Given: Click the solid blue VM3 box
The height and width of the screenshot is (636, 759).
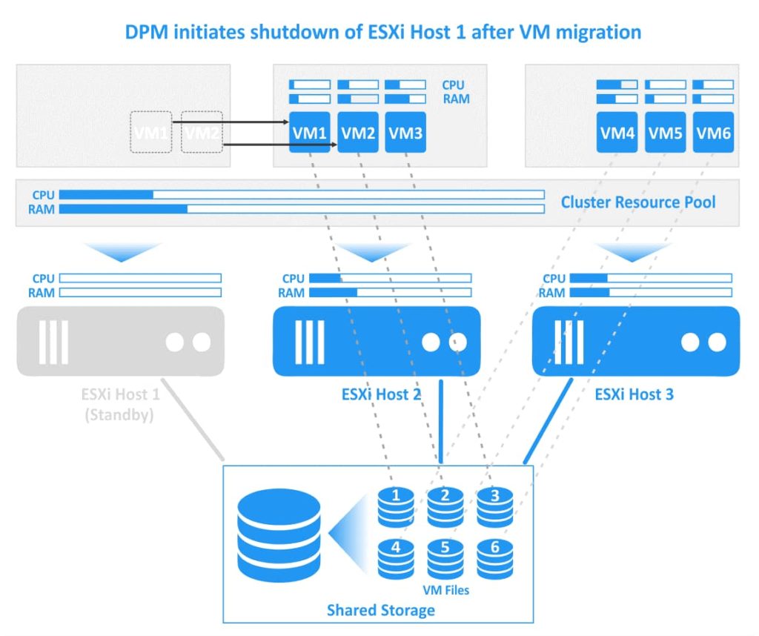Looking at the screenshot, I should (405, 133).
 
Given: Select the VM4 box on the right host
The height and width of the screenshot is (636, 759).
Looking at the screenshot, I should (617, 133).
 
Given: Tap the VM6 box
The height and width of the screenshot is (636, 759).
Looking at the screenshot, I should (714, 133).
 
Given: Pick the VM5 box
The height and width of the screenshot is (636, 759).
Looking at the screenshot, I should (666, 133).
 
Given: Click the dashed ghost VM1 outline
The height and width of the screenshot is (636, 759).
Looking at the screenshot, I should (151, 132).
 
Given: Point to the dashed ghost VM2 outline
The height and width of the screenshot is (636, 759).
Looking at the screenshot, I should (202, 132).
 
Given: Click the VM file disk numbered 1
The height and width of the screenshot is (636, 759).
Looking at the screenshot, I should (397, 503).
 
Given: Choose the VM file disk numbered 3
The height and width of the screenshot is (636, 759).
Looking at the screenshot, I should (494, 503).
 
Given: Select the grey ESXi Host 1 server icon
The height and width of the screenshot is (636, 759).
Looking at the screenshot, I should (120, 341).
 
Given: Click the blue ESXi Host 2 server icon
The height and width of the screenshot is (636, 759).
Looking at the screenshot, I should (377, 341).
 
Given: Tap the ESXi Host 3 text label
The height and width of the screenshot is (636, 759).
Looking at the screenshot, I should (634, 394).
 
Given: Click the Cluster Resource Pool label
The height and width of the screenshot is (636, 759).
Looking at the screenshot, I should (638, 202).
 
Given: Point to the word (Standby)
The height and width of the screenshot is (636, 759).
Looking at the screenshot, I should (119, 414).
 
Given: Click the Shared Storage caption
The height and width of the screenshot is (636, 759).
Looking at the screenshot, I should (380, 610).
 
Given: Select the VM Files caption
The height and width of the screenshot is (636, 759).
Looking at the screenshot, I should (445, 591).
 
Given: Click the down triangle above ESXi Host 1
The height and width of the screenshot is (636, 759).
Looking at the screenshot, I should (120, 250).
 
